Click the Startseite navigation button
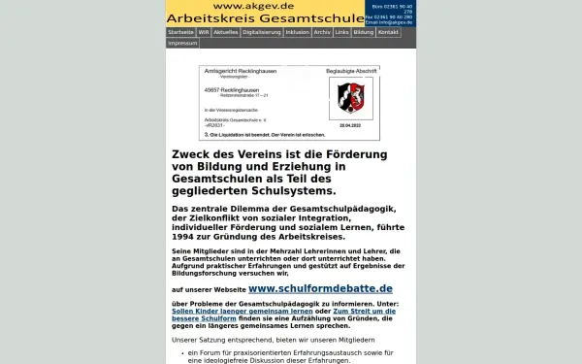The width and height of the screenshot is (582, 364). click(180, 32)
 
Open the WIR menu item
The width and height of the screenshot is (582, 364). click(204, 32)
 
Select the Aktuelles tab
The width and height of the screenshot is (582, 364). click(225, 32)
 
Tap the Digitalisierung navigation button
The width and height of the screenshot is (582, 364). click(262, 32)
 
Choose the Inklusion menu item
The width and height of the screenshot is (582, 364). click(298, 32)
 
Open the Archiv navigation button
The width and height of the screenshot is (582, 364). click(323, 32)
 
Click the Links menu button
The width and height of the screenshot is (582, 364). click(341, 32)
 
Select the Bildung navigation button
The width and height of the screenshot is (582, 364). click(363, 32)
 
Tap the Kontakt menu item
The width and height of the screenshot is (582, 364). click(388, 32)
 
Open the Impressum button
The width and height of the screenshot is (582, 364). click(182, 43)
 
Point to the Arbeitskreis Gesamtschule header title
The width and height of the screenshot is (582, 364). click(264, 17)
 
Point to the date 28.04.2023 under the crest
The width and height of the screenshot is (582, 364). click(349, 125)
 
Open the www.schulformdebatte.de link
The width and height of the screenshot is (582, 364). click(320, 288)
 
